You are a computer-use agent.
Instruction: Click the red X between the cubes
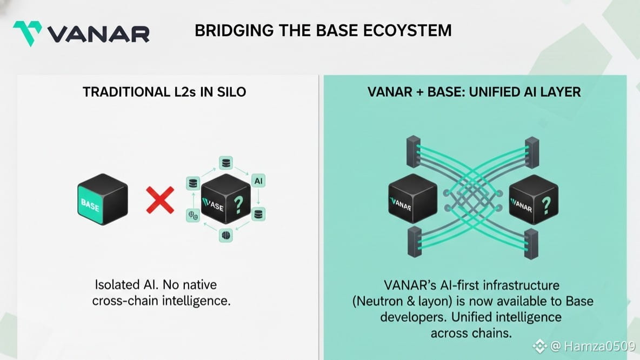point(161,200)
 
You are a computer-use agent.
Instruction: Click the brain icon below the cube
point(226,235)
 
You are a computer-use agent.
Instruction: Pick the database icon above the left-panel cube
point(226,162)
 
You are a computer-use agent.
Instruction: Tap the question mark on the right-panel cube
point(546,204)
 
